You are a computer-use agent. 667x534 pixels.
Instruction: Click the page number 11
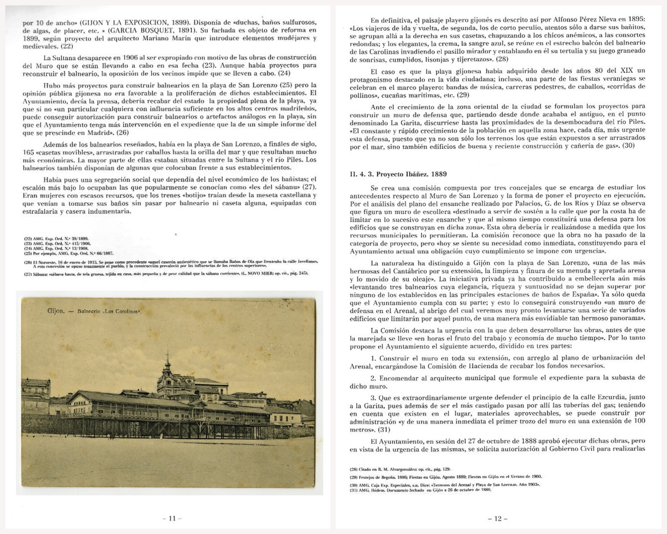(172, 518)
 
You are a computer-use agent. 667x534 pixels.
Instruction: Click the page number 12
(498, 518)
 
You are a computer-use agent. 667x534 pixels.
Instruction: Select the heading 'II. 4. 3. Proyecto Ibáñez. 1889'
(398, 174)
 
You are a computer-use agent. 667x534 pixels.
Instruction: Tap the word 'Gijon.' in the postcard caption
(56, 311)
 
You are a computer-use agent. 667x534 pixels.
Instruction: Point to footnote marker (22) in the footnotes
(27, 239)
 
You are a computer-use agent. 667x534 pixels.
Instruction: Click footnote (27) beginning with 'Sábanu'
(166, 273)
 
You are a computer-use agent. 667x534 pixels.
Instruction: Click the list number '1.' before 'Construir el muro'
(374, 358)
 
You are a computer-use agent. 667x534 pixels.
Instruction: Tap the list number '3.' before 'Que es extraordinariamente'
(374, 397)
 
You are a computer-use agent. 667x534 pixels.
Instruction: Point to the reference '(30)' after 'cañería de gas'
(628, 146)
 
